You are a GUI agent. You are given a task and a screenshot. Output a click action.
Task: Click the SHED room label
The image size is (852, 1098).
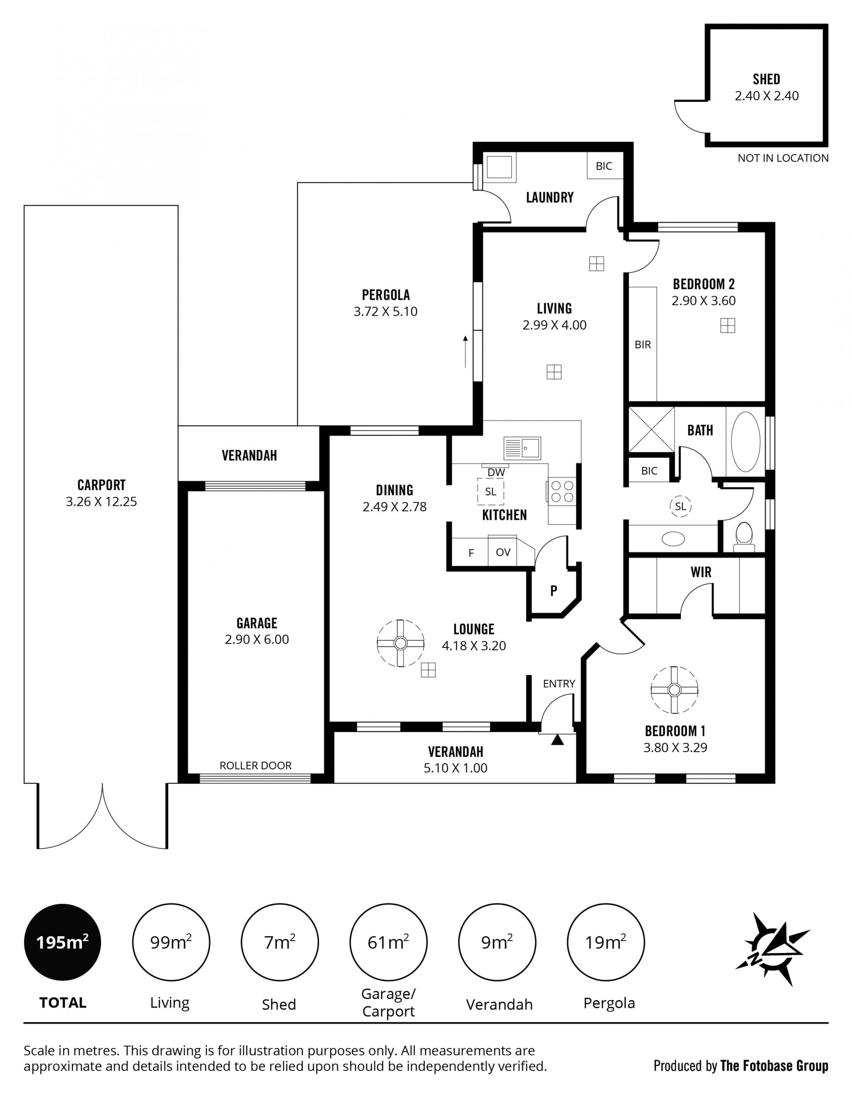pyautogui.click(x=766, y=79)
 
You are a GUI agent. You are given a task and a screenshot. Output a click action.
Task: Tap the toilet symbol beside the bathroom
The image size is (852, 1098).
pyautogui.click(x=744, y=537)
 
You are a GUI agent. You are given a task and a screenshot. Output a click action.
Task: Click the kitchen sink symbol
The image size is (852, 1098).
pyautogui.click(x=522, y=447)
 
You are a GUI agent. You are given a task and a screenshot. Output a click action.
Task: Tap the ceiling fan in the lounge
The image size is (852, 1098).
pyautogui.click(x=400, y=643)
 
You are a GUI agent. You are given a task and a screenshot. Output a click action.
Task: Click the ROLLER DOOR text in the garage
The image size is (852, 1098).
pyautogui.click(x=256, y=765)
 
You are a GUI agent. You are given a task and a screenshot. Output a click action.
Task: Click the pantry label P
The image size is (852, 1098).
pyautogui.click(x=554, y=591)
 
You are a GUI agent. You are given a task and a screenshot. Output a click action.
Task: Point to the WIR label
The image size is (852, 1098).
pyautogui.click(x=701, y=572)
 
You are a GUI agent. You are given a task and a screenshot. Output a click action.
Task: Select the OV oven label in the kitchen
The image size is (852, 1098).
pyautogui.click(x=503, y=552)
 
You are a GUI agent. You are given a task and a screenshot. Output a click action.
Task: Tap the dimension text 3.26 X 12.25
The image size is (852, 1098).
pyautogui.click(x=101, y=502)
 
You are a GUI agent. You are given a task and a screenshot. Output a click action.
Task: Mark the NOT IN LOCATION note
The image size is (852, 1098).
pyautogui.click(x=783, y=158)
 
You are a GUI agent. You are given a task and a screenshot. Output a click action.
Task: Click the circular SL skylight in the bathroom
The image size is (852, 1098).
pyautogui.click(x=681, y=506)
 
